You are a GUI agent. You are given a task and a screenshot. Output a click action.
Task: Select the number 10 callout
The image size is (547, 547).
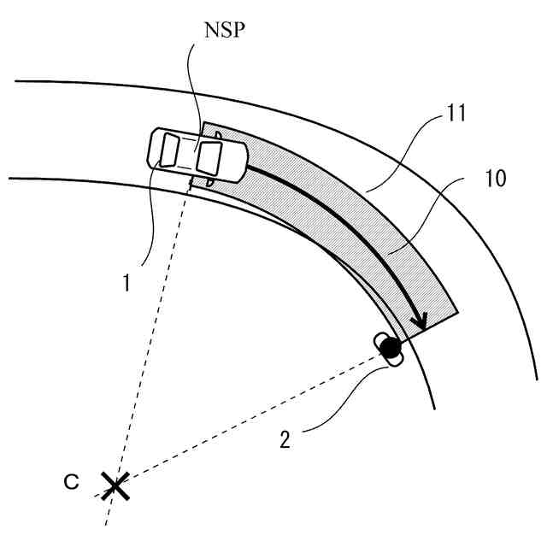click(493, 179)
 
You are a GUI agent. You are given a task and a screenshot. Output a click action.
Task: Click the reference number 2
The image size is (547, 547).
click(285, 441)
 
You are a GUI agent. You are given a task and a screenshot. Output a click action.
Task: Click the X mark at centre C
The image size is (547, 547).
click(114, 487)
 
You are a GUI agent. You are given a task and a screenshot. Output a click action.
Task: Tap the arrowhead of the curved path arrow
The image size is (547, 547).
click(418, 322)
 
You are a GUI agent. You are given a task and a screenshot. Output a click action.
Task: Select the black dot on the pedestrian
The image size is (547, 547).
click(390, 348)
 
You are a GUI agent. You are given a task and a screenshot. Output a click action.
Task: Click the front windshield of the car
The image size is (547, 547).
click(210, 158)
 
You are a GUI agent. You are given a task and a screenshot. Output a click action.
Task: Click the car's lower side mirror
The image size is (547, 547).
click(190, 181)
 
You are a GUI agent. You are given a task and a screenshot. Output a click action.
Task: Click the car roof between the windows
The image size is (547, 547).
click(188, 154)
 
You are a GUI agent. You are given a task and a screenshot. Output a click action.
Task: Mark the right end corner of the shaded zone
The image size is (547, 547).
click(458, 312)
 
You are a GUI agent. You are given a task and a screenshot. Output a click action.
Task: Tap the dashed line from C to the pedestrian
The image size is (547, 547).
click(256, 415)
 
